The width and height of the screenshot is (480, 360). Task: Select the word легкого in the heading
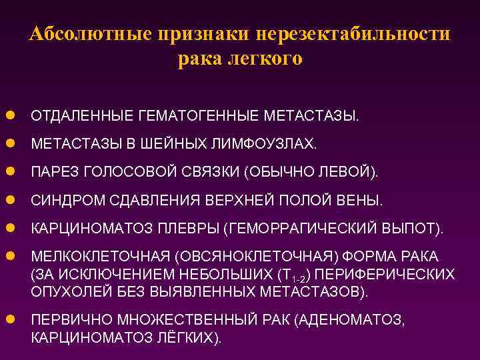[266, 59]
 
